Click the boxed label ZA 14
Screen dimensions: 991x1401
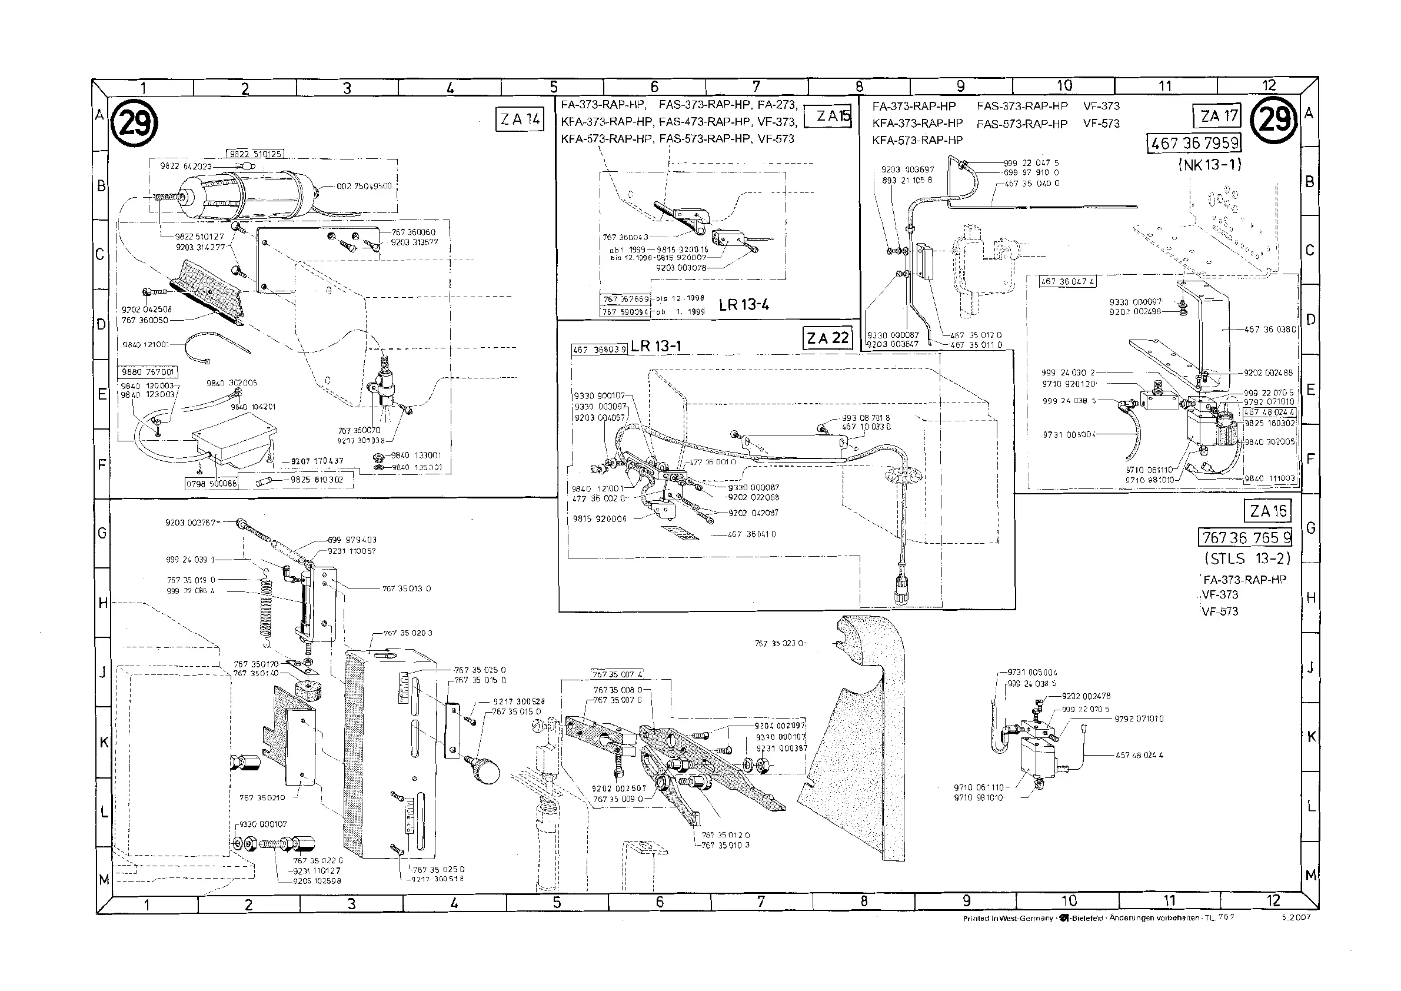click(x=520, y=119)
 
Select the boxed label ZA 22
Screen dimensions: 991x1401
click(x=827, y=338)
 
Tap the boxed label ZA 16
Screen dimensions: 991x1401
click(x=1267, y=511)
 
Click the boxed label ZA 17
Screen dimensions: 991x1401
click(x=1219, y=116)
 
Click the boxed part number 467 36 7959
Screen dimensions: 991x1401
click(x=1194, y=144)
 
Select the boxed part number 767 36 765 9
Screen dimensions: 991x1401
click(x=1245, y=538)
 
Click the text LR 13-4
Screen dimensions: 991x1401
click(x=743, y=305)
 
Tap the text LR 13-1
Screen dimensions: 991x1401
click(x=655, y=346)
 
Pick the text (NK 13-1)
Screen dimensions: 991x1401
click(x=1209, y=165)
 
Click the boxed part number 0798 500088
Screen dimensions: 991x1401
click(x=211, y=484)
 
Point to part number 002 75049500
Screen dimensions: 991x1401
click(x=364, y=186)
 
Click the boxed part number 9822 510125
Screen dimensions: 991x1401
click(x=256, y=154)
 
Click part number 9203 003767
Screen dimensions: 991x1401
click(x=191, y=523)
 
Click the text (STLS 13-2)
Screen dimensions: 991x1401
click(x=1247, y=558)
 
